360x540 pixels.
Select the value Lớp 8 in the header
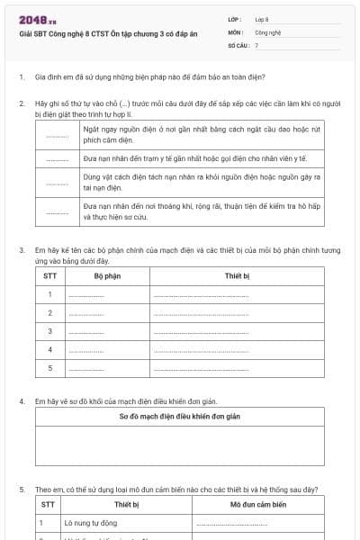click(262, 19)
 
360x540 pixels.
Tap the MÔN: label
click(236, 31)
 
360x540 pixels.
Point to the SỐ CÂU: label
click(238, 44)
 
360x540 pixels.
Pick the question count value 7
click(256, 44)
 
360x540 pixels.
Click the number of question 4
click(22, 400)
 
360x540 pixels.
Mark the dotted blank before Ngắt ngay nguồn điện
click(57, 136)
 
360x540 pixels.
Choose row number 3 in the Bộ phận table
click(49, 331)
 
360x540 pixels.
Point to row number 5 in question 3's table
click(49, 368)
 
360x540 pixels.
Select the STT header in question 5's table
click(49, 505)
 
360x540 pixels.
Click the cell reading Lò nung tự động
click(90, 523)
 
